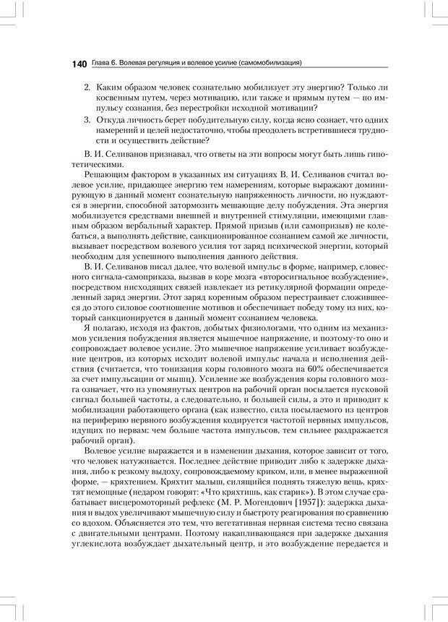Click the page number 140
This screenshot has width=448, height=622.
tap(79, 64)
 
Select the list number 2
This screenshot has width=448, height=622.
tap(87, 87)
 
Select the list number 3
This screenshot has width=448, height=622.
tap(87, 119)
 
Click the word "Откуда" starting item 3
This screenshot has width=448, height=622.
tap(110, 119)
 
